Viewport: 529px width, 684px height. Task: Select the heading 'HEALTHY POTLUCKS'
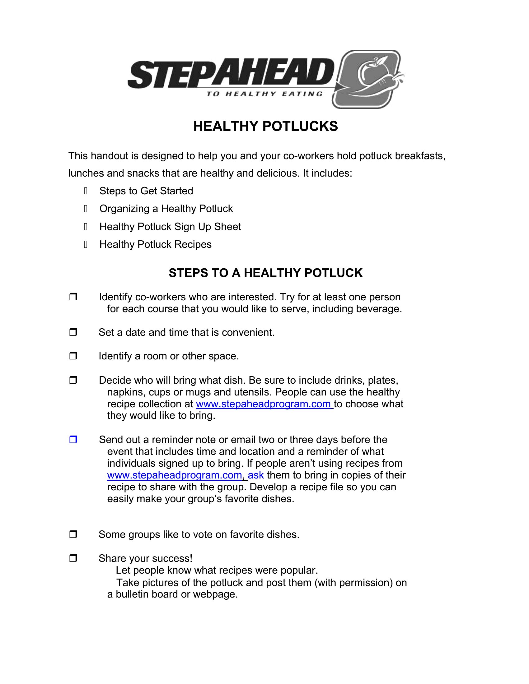(x=265, y=126)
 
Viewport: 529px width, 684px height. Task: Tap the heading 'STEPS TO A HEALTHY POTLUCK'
(x=265, y=273)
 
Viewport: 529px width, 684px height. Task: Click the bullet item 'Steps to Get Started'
(x=146, y=191)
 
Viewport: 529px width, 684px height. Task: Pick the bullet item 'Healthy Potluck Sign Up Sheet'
(x=170, y=226)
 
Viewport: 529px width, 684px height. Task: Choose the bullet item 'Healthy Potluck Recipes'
(x=156, y=244)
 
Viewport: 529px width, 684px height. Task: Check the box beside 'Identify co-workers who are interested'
(x=73, y=297)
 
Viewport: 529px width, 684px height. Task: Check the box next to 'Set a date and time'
(x=73, y=332)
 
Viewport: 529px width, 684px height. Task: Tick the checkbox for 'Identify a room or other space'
(x=73, y=356)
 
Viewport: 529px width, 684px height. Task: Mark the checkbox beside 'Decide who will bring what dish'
(x=73, y=380)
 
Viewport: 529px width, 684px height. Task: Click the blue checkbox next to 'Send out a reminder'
(x=73, y=439)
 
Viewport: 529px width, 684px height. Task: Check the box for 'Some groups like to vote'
(x=73, y=534)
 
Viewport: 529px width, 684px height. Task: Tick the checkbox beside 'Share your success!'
(x=73, y=558)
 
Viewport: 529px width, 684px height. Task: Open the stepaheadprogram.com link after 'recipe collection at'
(x=264, y=404)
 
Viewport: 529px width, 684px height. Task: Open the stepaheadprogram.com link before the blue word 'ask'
(x=175, y=475)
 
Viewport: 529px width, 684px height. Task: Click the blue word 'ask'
(x=256, y=475)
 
